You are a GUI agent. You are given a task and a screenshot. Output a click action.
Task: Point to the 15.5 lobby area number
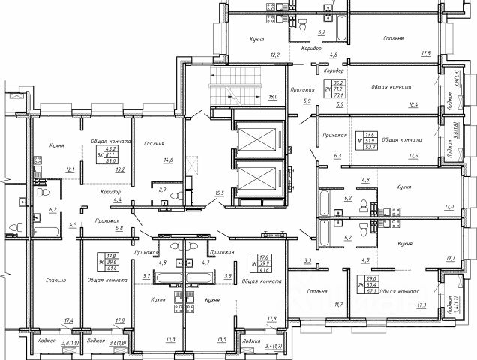[x=220, y=193]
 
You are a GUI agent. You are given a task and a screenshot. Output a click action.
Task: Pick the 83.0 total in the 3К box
[x=112, y=160]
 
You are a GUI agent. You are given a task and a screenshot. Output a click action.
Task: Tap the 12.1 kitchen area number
[x=70, y=169]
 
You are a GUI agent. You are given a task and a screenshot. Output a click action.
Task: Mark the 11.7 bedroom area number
[x=338, y=305]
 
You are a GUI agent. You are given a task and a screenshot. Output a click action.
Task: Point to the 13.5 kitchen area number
[x=220, y=339]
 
